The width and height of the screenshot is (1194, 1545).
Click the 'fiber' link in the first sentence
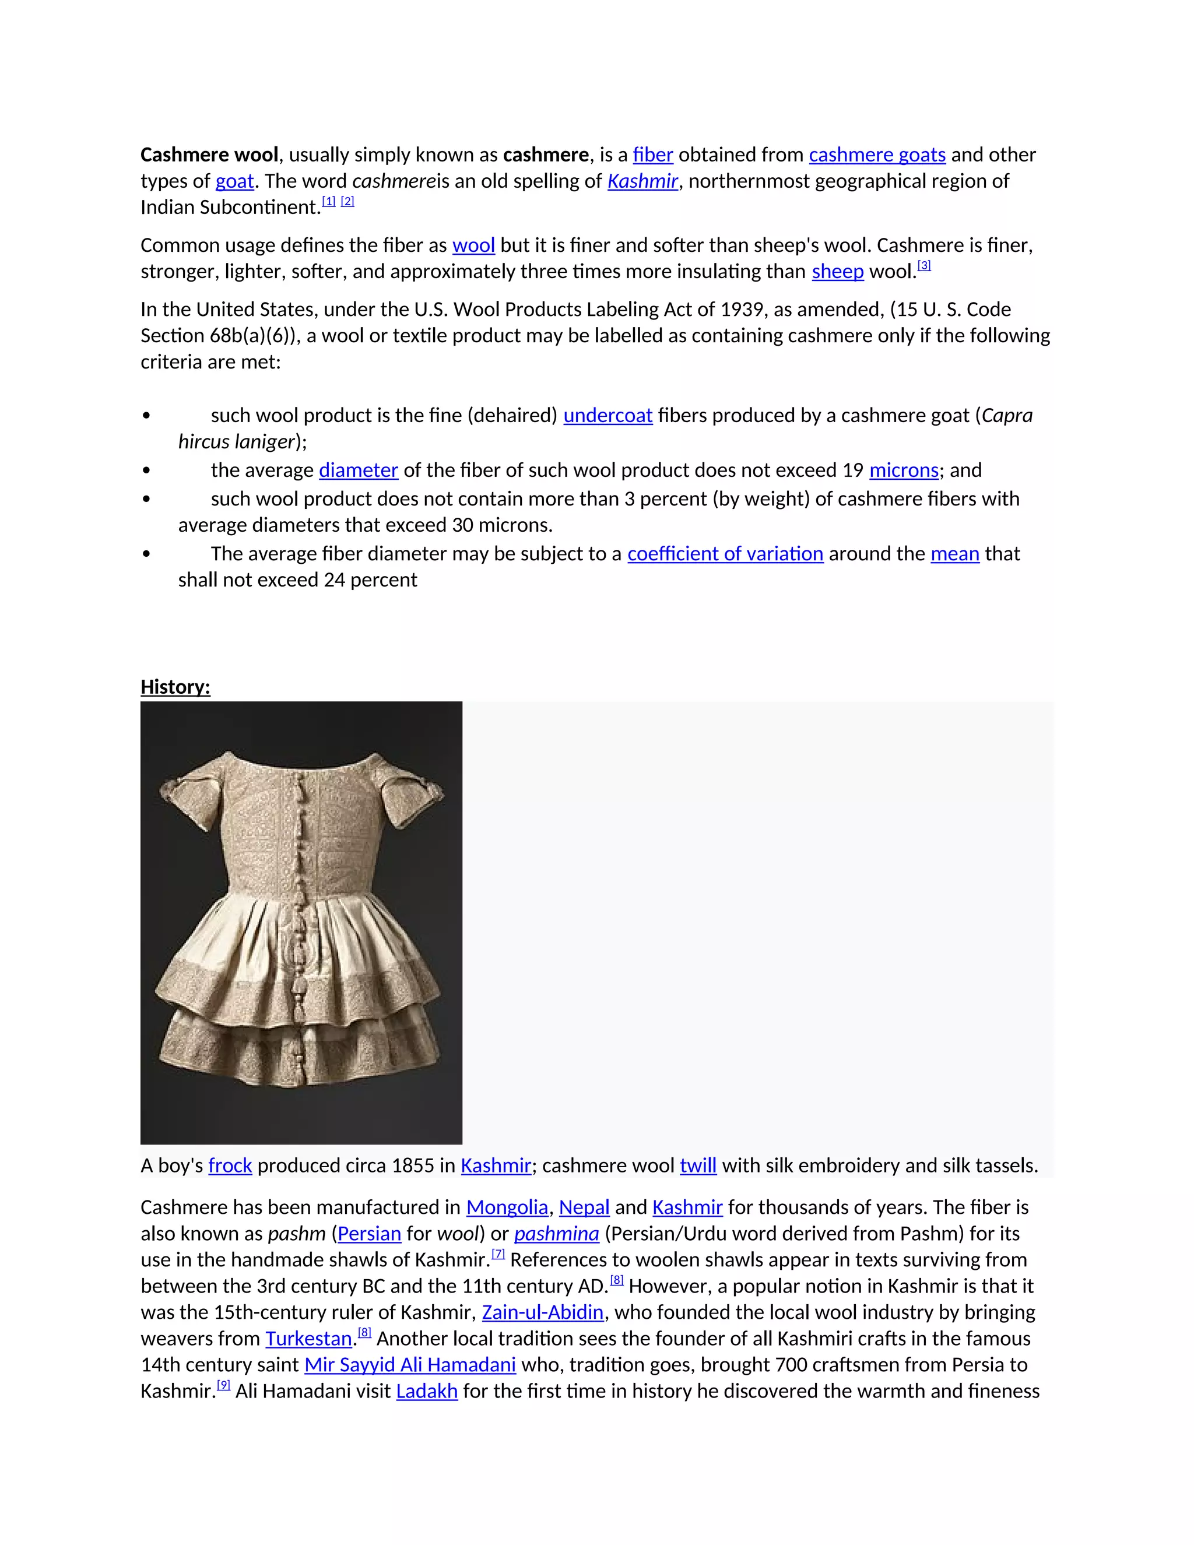pyautogui.click(x=652, y=155)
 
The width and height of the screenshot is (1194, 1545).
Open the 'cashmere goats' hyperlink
pyautogui.click(x=876, y=155)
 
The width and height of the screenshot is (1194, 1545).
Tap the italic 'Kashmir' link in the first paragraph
pyautogui.click(x=642, y=181)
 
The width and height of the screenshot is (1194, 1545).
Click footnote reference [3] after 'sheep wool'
pyautogui.click(x=924, y=266)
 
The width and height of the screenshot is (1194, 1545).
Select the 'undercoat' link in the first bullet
pyautogui.click(x=607, y=415)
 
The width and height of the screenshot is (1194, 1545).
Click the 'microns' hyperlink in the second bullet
pyautogui.click(x=903, y=470)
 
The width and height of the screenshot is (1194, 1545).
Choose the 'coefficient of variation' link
pyautogui.click(x=725, y=554)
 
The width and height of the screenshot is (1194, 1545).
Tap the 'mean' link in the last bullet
pyautogui.click(x=954, y=554)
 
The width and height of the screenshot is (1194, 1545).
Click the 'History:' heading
pyautogui.click(x=175, y=687)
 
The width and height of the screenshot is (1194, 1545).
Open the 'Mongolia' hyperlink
pyautogui.click(x=507, y=1207)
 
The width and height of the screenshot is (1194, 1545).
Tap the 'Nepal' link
pyautogui.click(x=584, y=1207)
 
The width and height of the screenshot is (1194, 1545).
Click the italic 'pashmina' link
pyautogui.click(x=556, y=1234)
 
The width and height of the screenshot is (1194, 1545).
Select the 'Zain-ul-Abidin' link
pyautogui.click(x=543, y=1312)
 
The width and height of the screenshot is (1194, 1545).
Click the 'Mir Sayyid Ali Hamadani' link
pyautogui.click(x=409, y=1365)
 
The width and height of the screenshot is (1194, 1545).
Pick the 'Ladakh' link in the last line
pyautogui.click(x=427, y=1392)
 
